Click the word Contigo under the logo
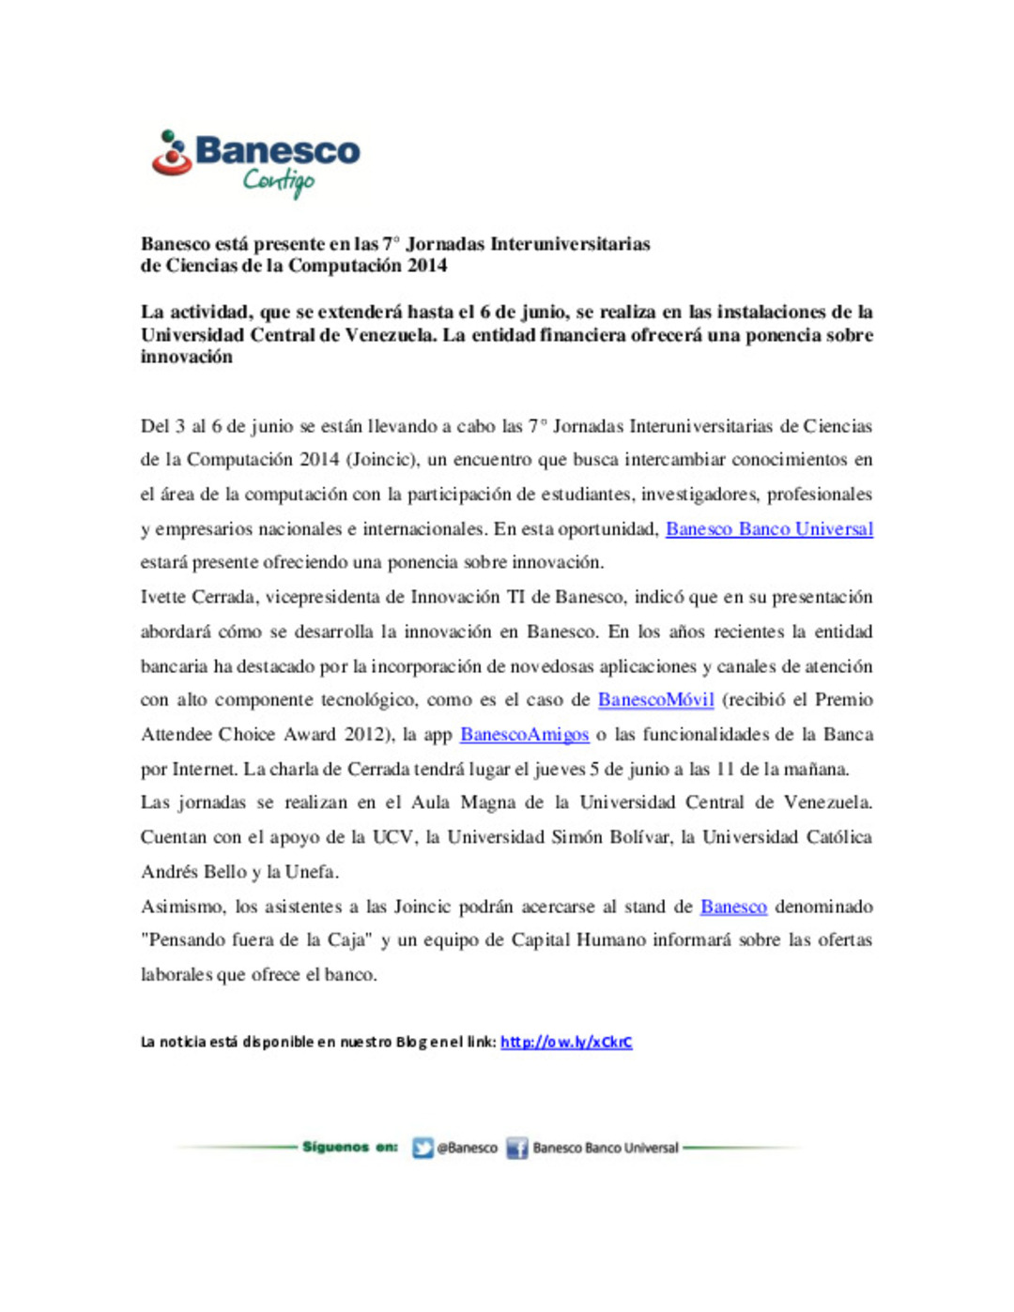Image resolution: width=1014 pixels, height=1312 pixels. pyautogui.click(x=278, y=180)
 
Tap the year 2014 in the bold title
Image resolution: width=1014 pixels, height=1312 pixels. pyautogui.click(x=427, y=266)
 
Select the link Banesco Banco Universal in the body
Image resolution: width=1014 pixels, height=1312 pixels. pyautogui.click(x=769, y=529)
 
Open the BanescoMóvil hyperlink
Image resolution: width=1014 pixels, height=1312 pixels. pyautogui.click(x=655, y=700)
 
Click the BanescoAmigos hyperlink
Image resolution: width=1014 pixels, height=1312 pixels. pyautogui.click(x=524, y=735)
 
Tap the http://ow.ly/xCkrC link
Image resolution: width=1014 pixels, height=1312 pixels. pyautogui.click(x=566, y=1042)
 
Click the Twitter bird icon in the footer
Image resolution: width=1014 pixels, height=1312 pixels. pyautogui.click(x=422, y=1148)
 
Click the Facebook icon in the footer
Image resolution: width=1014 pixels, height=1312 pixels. pyautogui.click(x=516, y=1148)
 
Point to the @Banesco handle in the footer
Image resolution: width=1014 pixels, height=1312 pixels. pyautogui.click(x=468, y=1148)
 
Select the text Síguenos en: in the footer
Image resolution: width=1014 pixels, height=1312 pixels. pyautogui.click(x=349, y=1147)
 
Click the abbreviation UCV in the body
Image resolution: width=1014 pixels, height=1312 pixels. pyautogui.click(x=392, y=837)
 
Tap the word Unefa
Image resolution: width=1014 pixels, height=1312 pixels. pyautogui.click(x=310, y=872)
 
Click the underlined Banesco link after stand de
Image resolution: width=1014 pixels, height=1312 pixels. pyautogui.click(x=733, y=907)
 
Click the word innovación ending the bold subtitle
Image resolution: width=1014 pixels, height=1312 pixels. pyautogui.click(x=186, y=357)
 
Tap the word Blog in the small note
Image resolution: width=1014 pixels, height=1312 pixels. pyautogui.click(x=410, y=1042)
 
